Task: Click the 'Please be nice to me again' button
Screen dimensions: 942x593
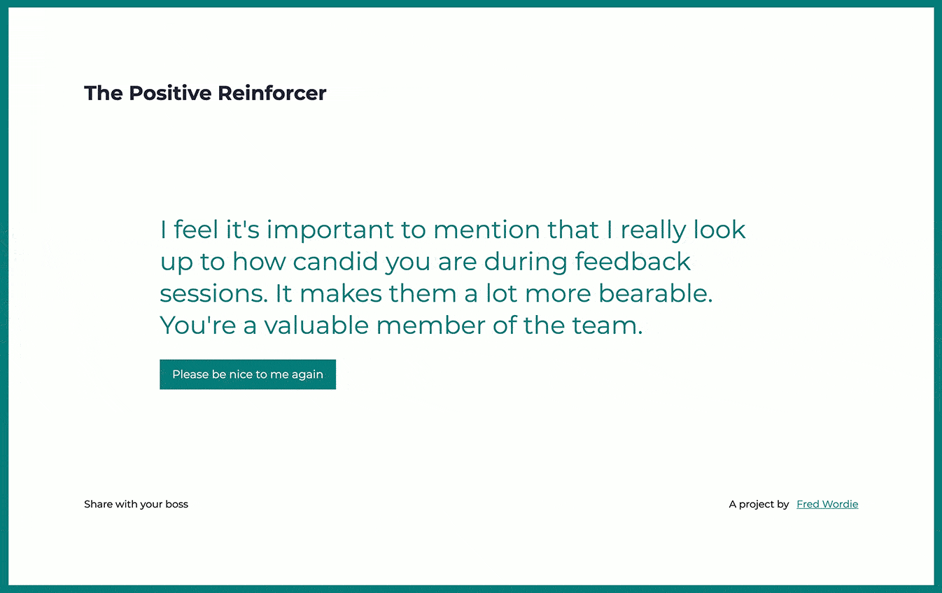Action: point(248,375)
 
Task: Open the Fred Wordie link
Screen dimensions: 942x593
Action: point(827,504)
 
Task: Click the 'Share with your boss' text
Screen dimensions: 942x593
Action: point(136,504)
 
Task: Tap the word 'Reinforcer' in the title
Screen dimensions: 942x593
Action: point(272,93)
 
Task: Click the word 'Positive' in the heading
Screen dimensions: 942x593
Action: point(170,93)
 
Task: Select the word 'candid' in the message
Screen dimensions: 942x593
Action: point(335,261)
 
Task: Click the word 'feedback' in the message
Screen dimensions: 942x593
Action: point(633,261)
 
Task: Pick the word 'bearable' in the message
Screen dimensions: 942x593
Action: point(656,293)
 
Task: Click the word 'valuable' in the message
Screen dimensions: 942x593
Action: point(316,325)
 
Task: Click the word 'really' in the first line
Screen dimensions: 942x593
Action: point(653,231)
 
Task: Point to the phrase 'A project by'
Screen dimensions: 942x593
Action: point(759,504)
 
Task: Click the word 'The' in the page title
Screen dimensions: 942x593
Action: point(103,93)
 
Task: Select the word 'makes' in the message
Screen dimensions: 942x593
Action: point(341,293)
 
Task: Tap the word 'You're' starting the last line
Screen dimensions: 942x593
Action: point(197,325)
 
